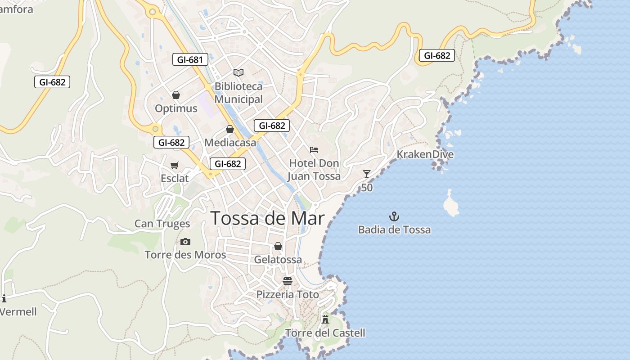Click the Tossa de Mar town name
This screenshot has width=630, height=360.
click(x=267, y=218)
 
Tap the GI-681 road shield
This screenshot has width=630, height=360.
click(x=190, y=59)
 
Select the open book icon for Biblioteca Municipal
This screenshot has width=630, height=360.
click(x=238, y=72)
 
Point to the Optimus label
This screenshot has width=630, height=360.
click(x=176, y=108)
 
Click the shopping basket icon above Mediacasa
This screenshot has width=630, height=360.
click(x=230, y=130)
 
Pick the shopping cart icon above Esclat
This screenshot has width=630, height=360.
click(x=174, y=165)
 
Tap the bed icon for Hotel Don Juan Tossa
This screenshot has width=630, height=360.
click(x=314, y=149)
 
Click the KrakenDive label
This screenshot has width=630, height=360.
click(x=425, y=155)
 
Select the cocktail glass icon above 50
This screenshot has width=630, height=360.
click(x=367, y=174)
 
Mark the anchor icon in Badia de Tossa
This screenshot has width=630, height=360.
click(x=394, y=216)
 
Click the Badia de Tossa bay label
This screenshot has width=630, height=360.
click(x=394, y=230)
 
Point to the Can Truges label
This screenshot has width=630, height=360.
click(x=162, y=224)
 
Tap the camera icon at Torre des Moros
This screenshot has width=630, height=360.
click(x=185, y=242)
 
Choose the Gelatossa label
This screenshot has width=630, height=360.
click(x=278, y=260)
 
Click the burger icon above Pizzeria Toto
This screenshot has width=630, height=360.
click(x=288, y=281)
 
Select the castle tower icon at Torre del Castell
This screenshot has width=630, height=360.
click(x=325, y=319)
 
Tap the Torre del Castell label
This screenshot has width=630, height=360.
click(x=325, y=333)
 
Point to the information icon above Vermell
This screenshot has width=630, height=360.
click(x=4, y=298)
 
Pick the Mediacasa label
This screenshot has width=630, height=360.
click(x=230, y=143)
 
